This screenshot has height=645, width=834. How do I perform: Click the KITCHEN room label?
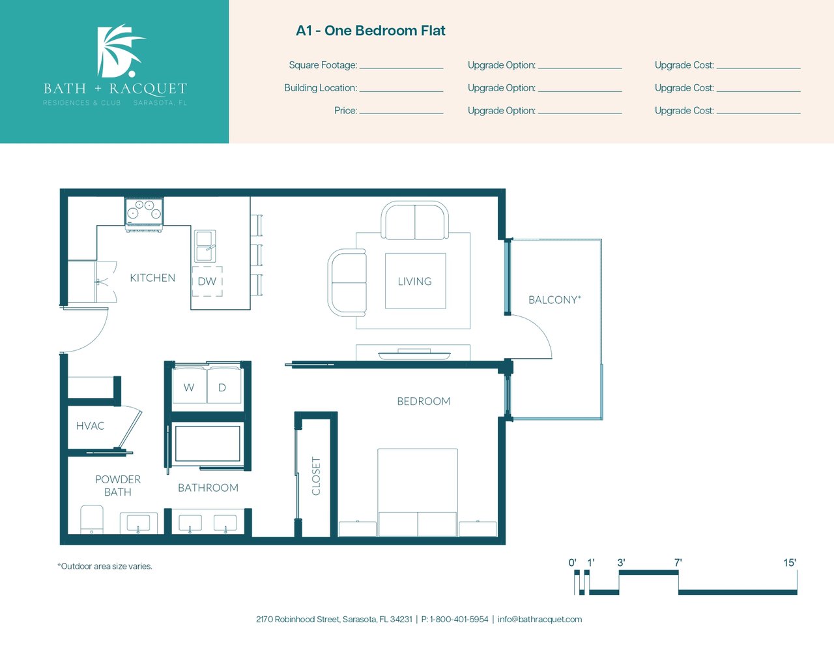152,278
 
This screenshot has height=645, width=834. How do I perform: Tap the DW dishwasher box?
207,281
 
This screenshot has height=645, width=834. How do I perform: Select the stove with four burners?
144,214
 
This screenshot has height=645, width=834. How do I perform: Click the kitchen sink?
205,247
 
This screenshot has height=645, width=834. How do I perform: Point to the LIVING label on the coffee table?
414,281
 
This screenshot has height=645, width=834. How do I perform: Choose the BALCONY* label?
554,299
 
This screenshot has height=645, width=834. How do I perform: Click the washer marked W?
189,385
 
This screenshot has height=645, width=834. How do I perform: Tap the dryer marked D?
224,385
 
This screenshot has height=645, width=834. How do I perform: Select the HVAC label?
90,426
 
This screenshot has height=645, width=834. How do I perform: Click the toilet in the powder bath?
92,519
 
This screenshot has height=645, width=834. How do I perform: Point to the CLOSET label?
316,476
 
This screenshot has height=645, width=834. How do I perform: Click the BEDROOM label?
424,401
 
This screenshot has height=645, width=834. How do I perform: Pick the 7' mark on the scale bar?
678,562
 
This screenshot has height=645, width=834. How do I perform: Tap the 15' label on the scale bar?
790,562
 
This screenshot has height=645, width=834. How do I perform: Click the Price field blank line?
401,113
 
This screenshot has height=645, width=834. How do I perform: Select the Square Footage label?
323,65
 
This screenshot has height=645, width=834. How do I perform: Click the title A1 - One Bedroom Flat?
370,31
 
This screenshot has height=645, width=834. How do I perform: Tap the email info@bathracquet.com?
539,620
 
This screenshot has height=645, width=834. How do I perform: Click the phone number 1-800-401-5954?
459,620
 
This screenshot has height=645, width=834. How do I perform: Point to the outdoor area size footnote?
105,566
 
